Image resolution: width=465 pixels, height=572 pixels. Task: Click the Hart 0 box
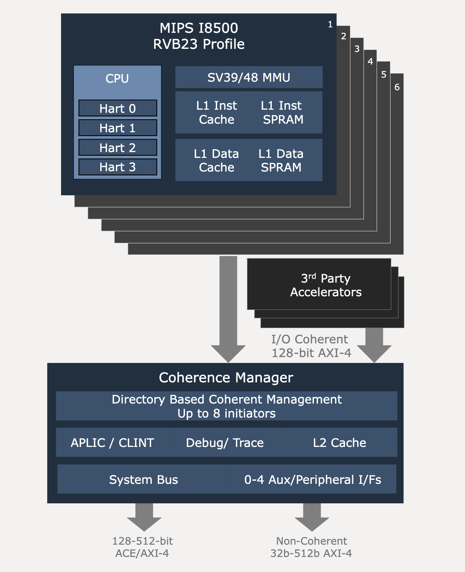(118, 108)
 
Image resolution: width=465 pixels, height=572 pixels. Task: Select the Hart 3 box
(118, 167)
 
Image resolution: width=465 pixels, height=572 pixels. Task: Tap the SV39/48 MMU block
(249, 77)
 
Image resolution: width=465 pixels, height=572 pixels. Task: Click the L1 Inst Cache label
(216, 112)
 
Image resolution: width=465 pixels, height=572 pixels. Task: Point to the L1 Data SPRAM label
(281, 160)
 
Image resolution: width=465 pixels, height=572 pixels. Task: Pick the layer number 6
(397, 87)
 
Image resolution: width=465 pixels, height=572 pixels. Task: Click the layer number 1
(330, 24)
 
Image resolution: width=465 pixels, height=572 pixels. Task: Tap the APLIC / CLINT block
(112, 442)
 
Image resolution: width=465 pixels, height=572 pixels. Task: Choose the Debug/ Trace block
(225, 442)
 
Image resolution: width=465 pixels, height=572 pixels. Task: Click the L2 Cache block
(340, 442)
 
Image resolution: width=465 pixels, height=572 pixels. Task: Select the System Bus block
(144, 479)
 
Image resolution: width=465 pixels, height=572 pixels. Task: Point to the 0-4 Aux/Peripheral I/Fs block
(313, 479)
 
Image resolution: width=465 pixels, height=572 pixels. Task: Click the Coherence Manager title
(226, 378)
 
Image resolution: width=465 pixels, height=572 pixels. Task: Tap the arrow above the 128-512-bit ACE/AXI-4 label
(144, 518)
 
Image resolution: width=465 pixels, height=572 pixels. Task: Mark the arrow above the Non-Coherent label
(312, 518)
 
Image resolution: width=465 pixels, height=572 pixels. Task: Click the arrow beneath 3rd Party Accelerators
(374, 345)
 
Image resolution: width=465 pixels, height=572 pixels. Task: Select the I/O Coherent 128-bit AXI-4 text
(311, 346)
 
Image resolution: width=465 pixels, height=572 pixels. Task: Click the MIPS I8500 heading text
(199, 28)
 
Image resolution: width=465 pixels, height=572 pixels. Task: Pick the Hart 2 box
(118, 148)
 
